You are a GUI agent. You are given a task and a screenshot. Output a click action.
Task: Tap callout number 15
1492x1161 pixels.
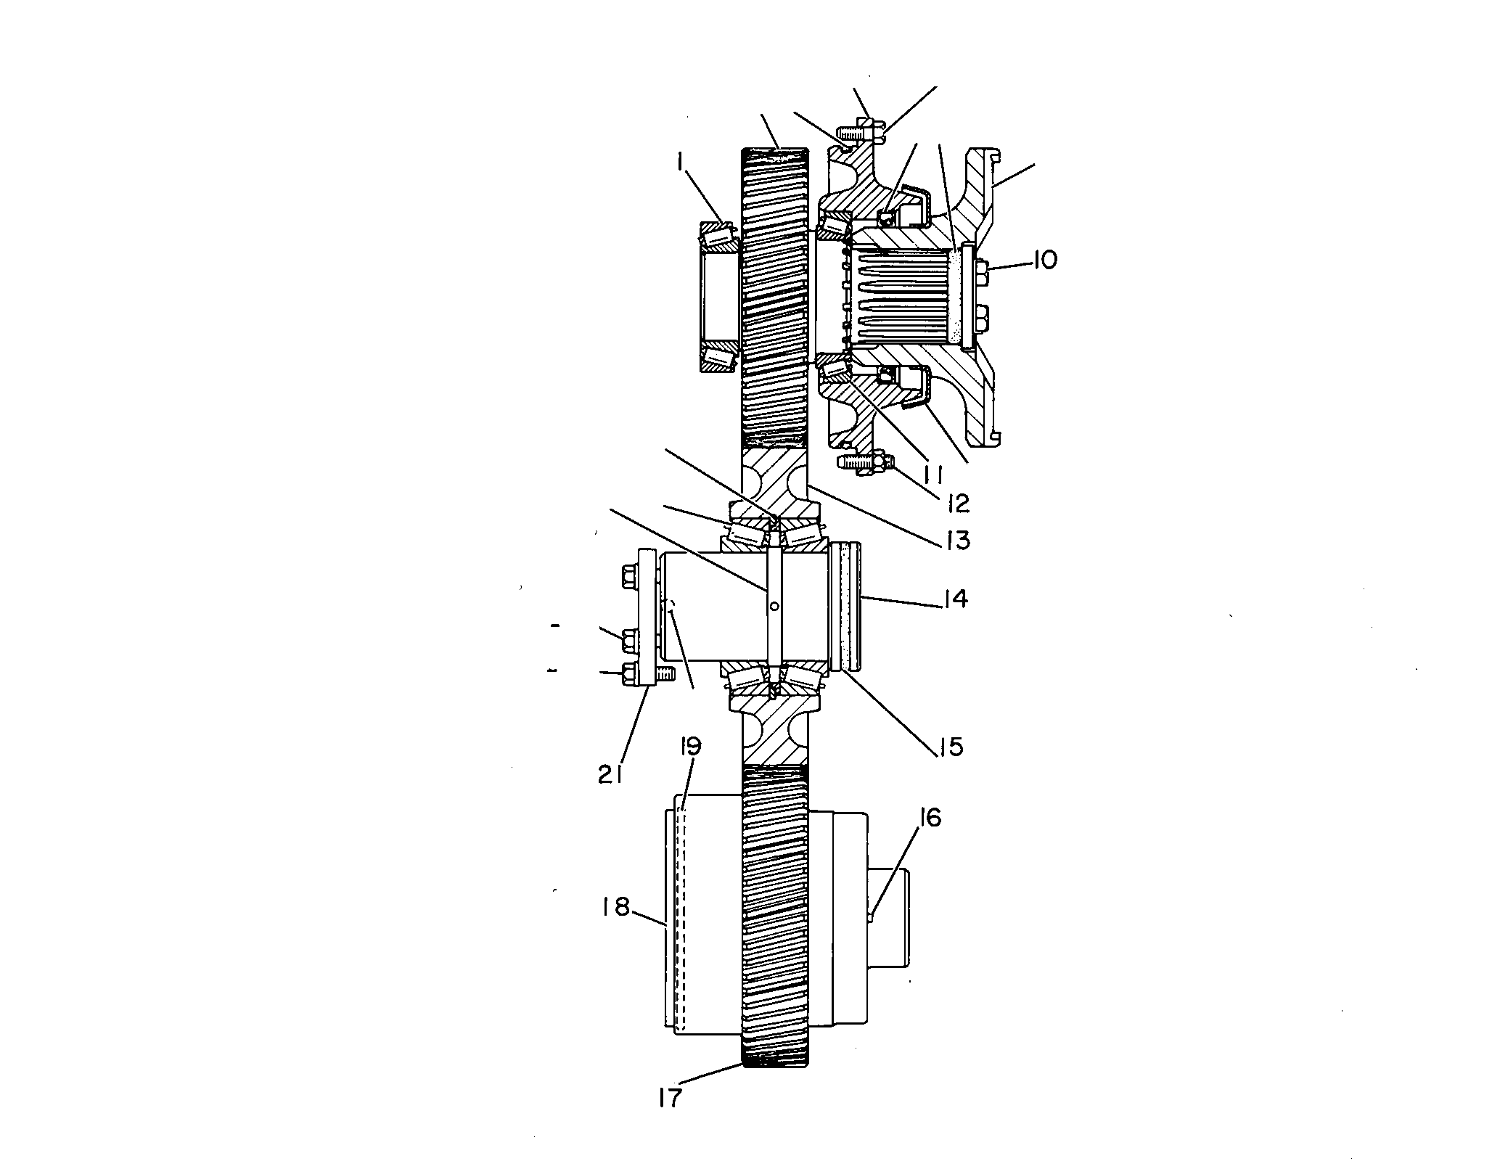click(x=948, y=746)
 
